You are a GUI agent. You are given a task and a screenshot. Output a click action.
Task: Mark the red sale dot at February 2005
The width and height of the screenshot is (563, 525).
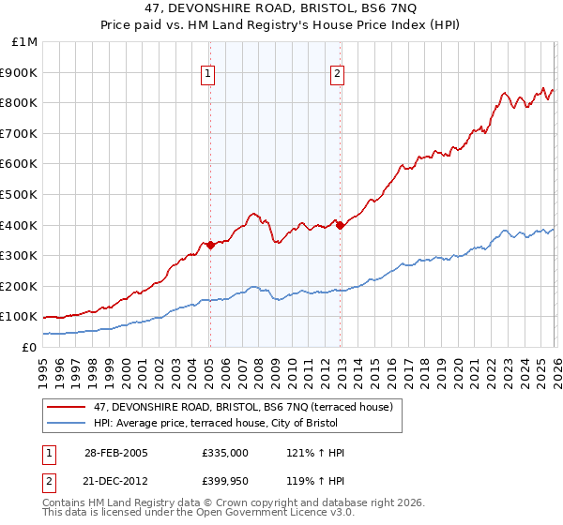tap(210, 245)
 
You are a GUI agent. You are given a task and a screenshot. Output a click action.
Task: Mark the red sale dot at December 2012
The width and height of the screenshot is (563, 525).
tap(340, 225)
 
